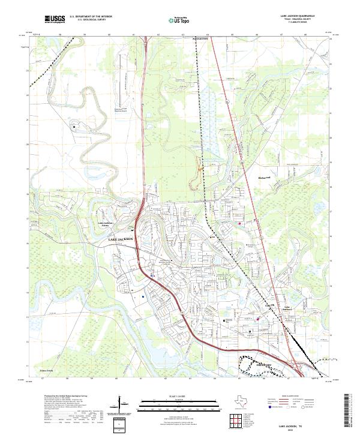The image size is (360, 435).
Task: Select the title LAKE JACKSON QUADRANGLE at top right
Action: [298, 17]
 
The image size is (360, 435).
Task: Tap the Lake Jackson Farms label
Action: [106, 224]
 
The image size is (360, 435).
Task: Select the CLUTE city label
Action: [269, 305]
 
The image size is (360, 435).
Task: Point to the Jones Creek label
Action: [46, 371]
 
